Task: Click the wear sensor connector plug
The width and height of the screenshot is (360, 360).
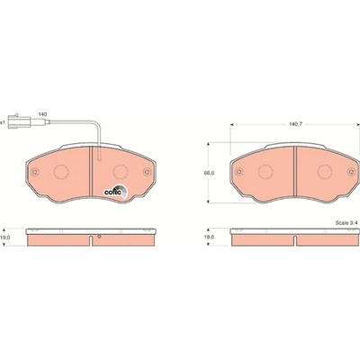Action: (x=19, y=121)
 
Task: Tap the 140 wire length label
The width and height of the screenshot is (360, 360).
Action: (x=42, y=114)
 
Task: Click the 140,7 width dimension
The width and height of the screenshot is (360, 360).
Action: (x=295, y=124)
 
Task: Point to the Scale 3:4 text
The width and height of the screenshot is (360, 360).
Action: (x=346, y=223)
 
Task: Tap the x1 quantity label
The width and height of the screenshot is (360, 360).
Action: (x=3, y=122)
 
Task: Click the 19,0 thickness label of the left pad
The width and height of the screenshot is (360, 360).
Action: (x=6, y=237)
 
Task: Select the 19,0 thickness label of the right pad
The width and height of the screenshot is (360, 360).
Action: (x=209, y=237)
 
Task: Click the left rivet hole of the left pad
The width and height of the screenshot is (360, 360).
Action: (x=35, y=172)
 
